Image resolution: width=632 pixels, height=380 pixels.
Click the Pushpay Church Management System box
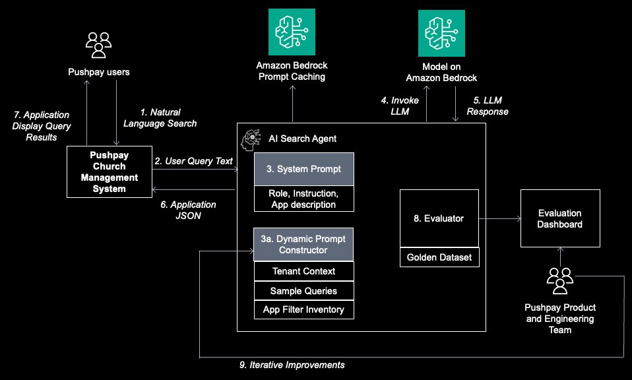pos(110,172)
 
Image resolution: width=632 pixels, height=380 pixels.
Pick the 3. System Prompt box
pos(304,169)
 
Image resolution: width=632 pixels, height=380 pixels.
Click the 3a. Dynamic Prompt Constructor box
pos(304,244)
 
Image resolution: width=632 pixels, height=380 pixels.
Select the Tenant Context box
pos(304,271)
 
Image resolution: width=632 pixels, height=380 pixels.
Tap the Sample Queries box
pos(304,290)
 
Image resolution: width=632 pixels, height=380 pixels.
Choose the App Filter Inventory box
pos(304,309)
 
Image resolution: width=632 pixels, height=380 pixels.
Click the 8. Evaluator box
pos(439,218)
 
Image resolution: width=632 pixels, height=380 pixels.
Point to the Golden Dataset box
pos(439,257)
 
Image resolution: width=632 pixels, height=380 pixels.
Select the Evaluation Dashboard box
pos(560,218)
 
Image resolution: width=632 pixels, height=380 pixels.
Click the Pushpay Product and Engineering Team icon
pos(560,282)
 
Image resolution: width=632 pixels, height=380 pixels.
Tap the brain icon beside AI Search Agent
pos(251,138)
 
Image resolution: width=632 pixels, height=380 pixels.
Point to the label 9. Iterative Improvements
pos(292,365)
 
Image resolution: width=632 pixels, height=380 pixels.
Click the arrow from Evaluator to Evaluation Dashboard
pos(499,218)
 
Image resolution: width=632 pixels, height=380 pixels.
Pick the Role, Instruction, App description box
pos(304,199)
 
